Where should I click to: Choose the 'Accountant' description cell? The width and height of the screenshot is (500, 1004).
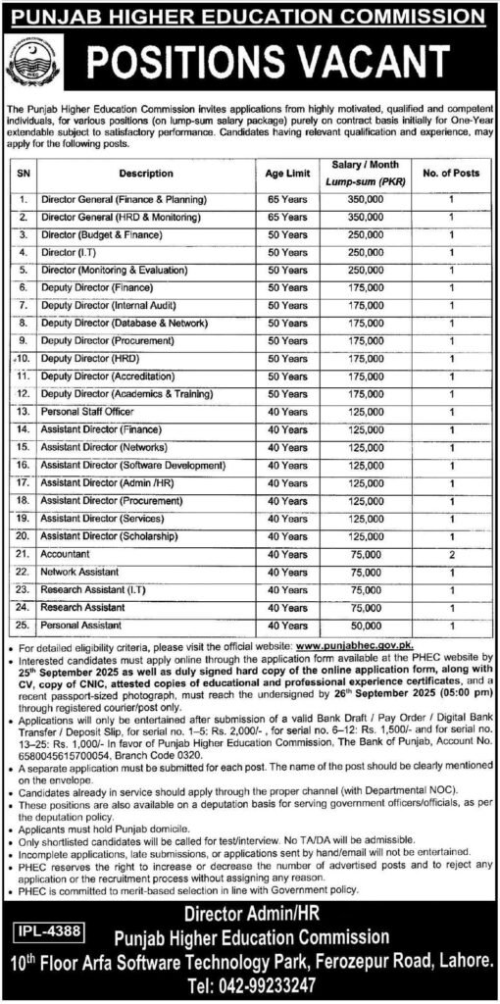click(x=67, y=554)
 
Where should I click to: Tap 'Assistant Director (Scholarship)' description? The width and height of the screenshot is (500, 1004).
click(x=106, y=535)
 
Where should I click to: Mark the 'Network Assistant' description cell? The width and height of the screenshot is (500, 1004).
click(x=77, y=572)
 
